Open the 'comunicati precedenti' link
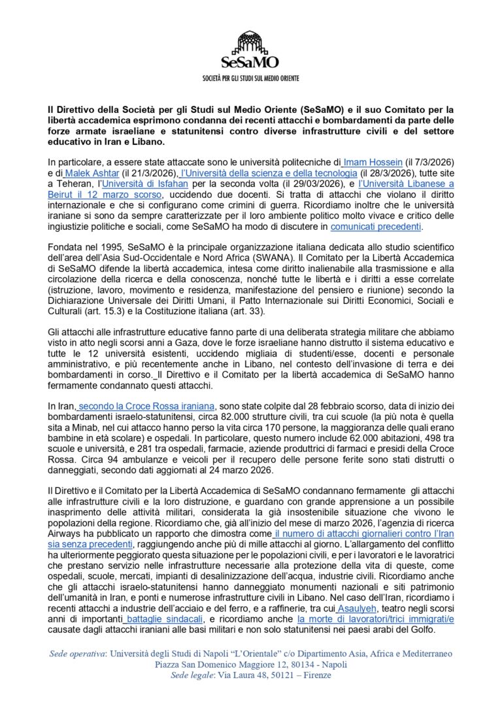pos(376,227)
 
